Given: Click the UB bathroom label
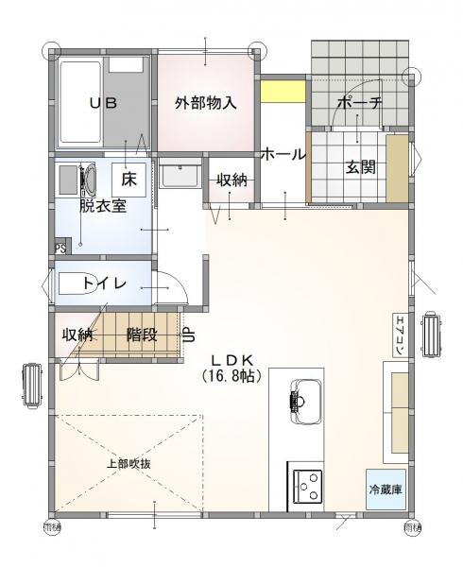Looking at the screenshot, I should tap(103, 104).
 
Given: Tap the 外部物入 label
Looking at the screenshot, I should tap(205, 104).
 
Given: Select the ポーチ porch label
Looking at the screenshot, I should tap(360, 104).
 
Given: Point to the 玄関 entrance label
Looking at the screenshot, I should tap(360, 167).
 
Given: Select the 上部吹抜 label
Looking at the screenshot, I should tap(129, 464).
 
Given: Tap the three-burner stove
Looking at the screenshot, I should tap(305, 487).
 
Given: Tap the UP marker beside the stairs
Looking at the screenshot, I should tap(188, 335).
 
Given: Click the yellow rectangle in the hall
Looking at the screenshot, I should tap(283, 92).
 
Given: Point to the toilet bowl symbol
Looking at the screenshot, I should tap(79, 283).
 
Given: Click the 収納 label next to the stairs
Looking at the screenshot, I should tap(77, 335).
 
